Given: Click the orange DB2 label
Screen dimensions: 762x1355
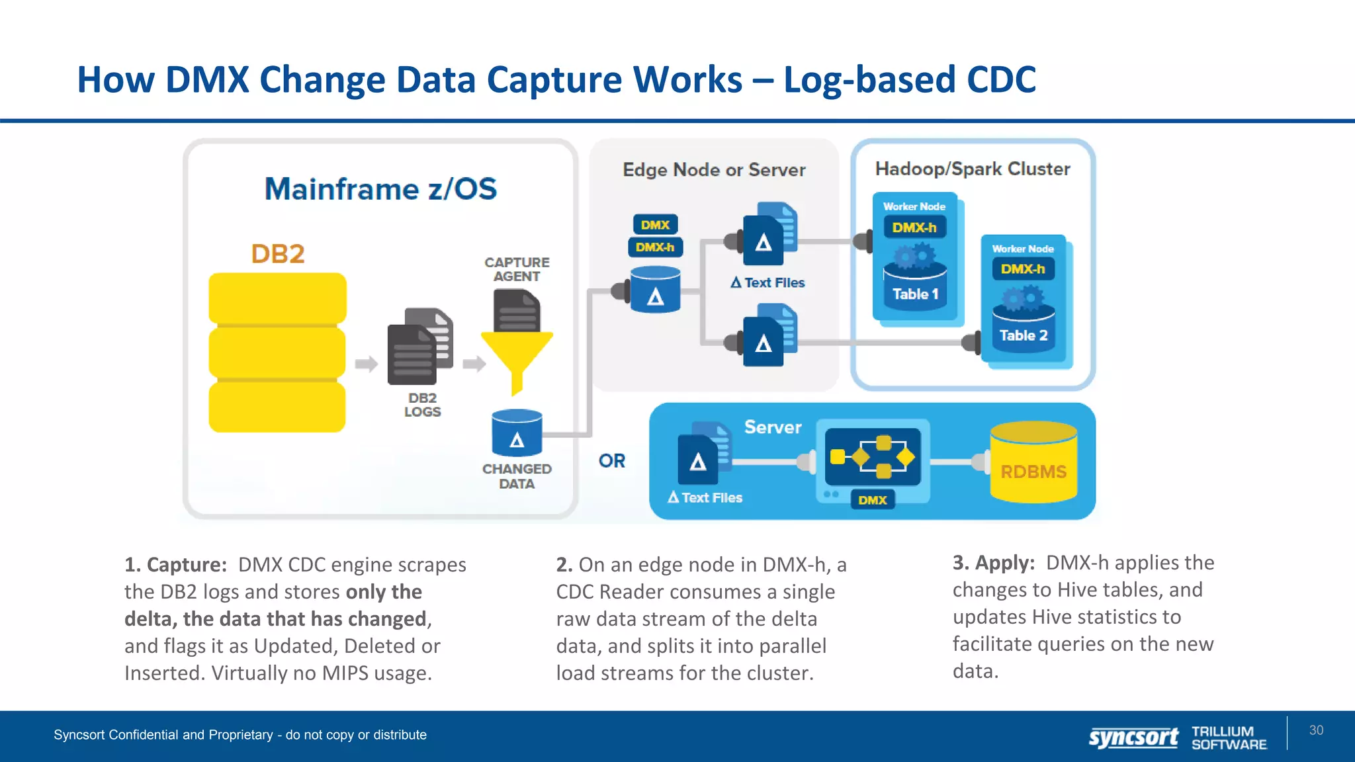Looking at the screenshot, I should click(278, 254).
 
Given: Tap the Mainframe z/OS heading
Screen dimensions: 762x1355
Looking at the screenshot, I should click(380, 189).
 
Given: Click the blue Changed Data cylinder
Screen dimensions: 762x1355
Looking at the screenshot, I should click(517, 433).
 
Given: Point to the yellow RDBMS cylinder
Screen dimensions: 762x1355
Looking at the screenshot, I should click(1033, 463).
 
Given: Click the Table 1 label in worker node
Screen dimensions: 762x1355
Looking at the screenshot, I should click(915, 294).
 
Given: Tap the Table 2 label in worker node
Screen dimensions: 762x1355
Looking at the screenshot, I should click(1023, 335).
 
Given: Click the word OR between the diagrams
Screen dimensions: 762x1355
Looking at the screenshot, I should click(612, 461).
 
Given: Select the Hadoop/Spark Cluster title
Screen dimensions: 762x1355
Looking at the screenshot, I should click(973, 169).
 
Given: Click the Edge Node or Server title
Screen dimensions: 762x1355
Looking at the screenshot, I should click(714, 170).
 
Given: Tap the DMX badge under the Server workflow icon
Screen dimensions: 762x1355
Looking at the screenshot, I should click(872, 500).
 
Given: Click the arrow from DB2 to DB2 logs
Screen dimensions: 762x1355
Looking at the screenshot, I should click(366, 364).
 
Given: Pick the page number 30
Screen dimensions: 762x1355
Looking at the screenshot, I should click(1316, 730).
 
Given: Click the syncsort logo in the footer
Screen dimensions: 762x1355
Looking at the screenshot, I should click(1133, 737).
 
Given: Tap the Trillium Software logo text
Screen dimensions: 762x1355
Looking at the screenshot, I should click(1229, 738).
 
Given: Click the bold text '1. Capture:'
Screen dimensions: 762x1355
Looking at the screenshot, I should click(175, 565).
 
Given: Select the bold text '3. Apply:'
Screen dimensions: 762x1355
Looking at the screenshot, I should click(993, 563).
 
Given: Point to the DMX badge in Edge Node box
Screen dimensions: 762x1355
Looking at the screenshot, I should click(655, 225).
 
